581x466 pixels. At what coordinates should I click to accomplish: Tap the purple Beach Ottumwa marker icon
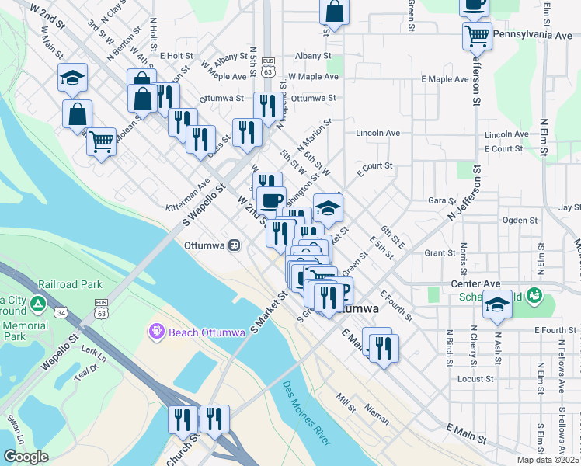[156, 332]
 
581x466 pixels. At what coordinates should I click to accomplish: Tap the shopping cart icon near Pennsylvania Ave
[477, 35]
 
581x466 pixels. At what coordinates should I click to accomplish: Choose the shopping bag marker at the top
[335, 12]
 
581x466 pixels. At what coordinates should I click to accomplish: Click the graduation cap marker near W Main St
[72, 77]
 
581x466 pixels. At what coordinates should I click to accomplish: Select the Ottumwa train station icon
[233, 245]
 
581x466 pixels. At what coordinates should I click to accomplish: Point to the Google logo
[26, 457]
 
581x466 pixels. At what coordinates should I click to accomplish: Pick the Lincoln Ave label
[377, 134]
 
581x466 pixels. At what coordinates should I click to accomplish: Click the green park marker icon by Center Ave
[534, 295]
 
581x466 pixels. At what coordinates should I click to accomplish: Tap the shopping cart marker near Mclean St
[101, 141]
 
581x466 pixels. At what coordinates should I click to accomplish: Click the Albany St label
[313, 56]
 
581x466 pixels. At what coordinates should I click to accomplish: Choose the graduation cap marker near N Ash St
[497, 306]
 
